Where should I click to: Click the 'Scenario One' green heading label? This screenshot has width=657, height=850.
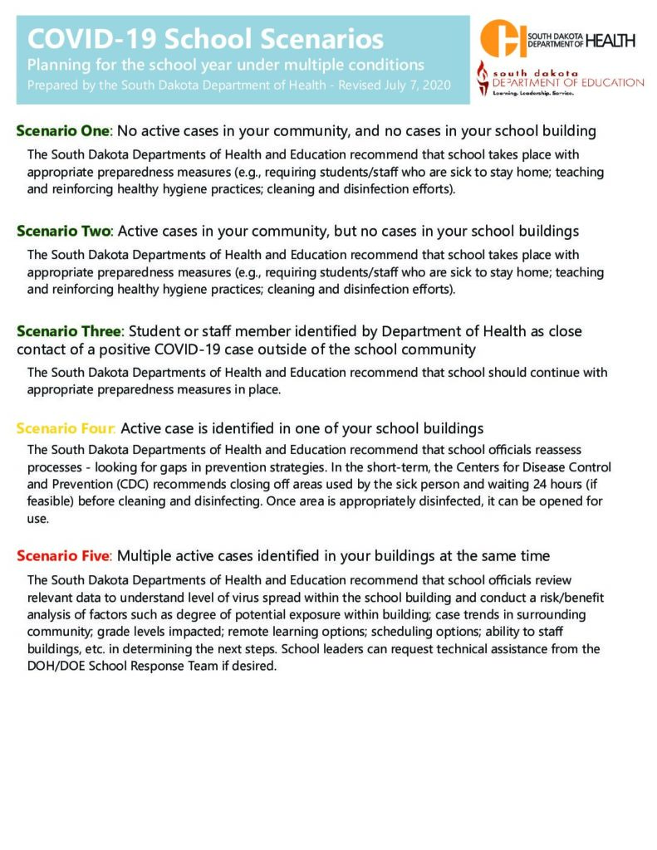(63, 131)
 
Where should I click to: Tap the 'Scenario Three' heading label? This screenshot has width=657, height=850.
(69, 331)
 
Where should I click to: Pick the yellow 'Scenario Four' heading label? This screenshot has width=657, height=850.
(66, 429)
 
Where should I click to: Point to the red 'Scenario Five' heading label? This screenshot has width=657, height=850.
(64, 555)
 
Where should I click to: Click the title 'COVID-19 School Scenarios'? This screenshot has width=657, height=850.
(206, 39)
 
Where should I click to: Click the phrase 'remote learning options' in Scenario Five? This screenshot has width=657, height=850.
(304, 632)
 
